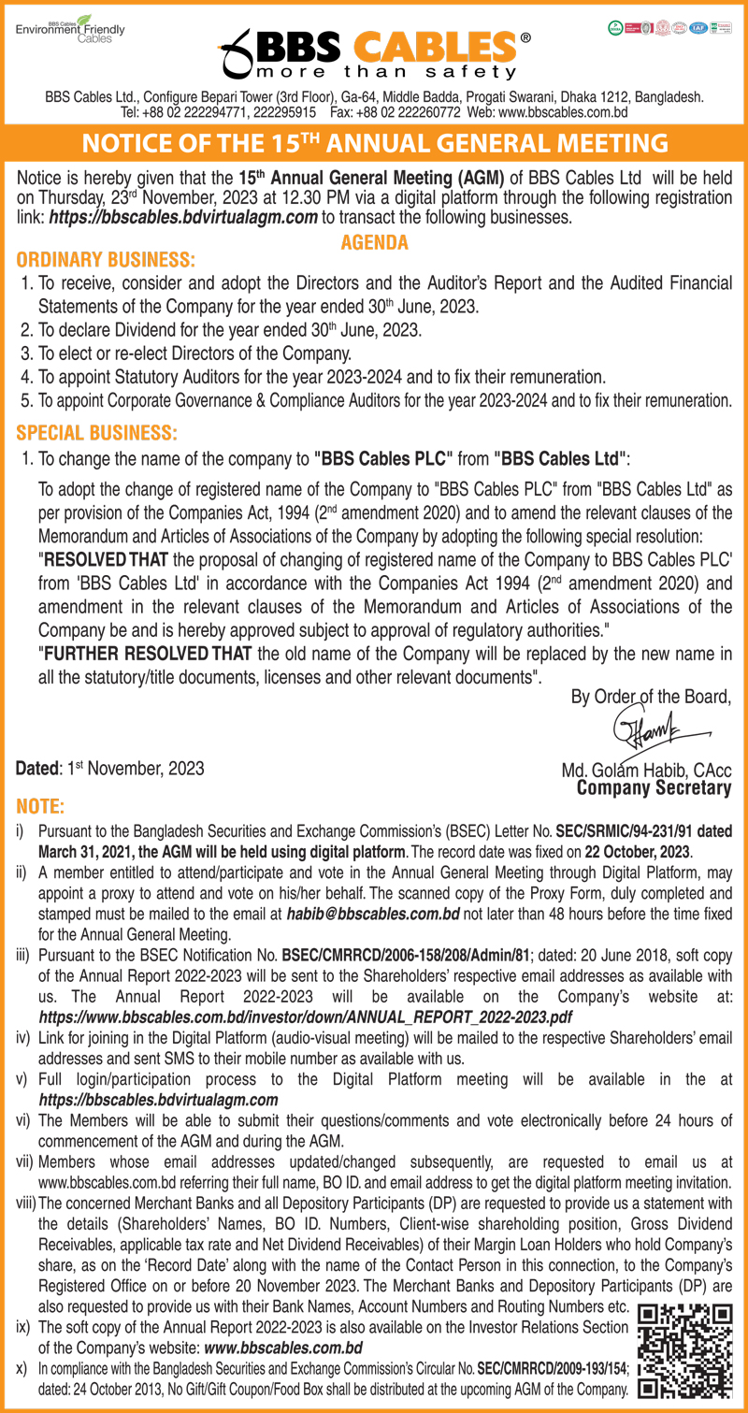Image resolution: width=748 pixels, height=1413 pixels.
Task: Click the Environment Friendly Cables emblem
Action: [x=70, y=29]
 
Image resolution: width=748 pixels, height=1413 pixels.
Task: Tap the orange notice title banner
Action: [x=374, y=143]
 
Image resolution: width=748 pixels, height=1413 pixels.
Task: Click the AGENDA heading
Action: [x=374, y=243]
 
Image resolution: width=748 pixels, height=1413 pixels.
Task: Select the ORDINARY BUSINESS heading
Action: [x=107, y=258]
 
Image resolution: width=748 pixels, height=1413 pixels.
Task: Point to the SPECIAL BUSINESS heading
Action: [x=96, y=434]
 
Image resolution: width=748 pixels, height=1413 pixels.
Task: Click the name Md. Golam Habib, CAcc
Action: [x=646, y=771]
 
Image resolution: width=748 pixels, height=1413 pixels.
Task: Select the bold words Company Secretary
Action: [x=654, y=788]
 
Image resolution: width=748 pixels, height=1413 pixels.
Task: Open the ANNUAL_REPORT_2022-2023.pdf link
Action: [x=306, y=1016]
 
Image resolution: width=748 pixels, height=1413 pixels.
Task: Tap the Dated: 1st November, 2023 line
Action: [x=110, y=769]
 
